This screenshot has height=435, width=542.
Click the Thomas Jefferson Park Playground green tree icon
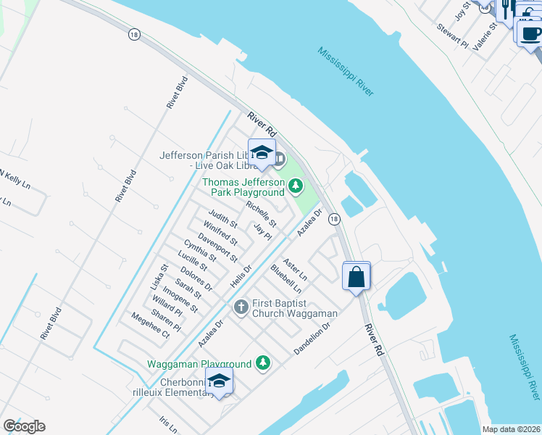pyautogui.click(x=295, y=186)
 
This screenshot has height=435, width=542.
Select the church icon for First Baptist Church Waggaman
pyautogui.click(x=241, y=307)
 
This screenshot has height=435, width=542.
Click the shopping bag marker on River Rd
pyautogui.click(x=357, y=277)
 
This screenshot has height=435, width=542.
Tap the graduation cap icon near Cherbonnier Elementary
pyautogui.click(x=219, y=381)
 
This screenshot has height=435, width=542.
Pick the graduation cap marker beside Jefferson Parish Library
pyautogui.click(x=262, y=153)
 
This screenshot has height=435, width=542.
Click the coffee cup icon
pyautogui.click(x=530, y=33)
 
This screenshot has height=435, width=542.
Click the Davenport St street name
pyautogui.click(x=218, y=247)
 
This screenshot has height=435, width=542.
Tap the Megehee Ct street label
pyautogui.click(x=150, y=326)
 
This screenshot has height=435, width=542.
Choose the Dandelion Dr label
pyautogui.click(x=312, y=339)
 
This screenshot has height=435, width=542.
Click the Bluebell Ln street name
pyautogui.click(x=285, y=279)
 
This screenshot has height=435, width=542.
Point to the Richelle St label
pyautogui.click(x=262, y=213)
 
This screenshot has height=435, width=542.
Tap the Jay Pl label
pyautogui.click(x=262, y=231)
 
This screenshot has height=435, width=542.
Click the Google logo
pyautogui.click(x=24, y=426)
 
